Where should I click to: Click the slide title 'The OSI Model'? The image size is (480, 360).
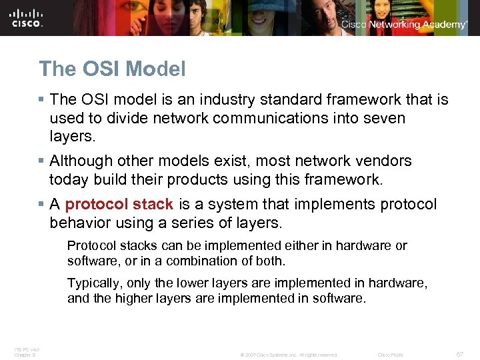[x=112, y=69]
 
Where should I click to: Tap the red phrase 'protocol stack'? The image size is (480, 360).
[x=119, y=204]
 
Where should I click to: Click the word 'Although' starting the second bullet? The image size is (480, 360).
[x=80, y=161]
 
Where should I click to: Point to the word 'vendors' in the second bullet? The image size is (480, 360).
[x=386, y=161]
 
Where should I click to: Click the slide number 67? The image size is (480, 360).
[x=460, y=355]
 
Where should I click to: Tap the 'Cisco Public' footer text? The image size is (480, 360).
[x=391, y=355]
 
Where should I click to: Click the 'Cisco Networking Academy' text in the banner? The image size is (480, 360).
[x=404, y=25]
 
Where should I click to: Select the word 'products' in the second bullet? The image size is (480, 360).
[x=195, y=180]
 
